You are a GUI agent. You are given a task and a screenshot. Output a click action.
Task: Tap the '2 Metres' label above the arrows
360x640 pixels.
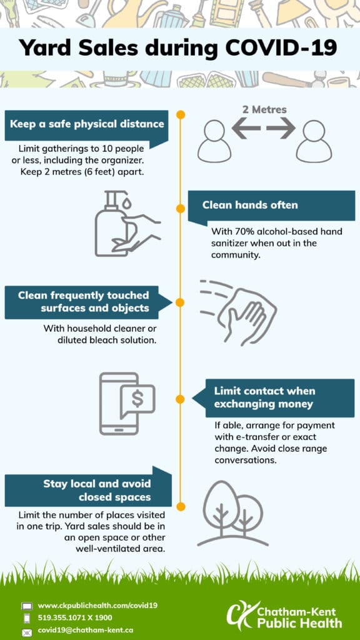point(264,110)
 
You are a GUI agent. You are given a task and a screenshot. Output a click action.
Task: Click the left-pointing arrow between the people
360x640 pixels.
point(246,128)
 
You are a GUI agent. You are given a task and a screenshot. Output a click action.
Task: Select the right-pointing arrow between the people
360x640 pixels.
point(281,128)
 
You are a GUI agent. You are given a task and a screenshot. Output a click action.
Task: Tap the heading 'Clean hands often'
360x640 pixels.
point(250,205)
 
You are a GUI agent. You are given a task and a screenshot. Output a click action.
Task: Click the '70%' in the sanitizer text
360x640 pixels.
point(236,231)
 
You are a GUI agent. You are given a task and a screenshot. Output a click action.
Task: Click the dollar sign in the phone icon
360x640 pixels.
point(137,399)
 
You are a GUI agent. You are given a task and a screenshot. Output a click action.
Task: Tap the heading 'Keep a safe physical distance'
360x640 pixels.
point(87,124)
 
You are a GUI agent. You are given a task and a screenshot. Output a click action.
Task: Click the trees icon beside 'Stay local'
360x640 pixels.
point(232,514)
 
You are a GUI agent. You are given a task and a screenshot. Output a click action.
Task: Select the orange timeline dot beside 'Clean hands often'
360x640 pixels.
point(181,209)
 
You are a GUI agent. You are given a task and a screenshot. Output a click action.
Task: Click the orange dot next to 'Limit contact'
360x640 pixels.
point(181,399)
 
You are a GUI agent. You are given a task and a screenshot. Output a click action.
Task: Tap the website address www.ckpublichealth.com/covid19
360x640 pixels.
point(97,605)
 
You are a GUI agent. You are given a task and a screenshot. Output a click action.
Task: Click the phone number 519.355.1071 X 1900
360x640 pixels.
point(75,617)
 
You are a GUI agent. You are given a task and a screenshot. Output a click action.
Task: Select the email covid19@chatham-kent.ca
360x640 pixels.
point(85,630)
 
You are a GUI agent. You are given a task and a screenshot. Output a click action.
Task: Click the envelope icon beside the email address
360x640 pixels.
point(27,632)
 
